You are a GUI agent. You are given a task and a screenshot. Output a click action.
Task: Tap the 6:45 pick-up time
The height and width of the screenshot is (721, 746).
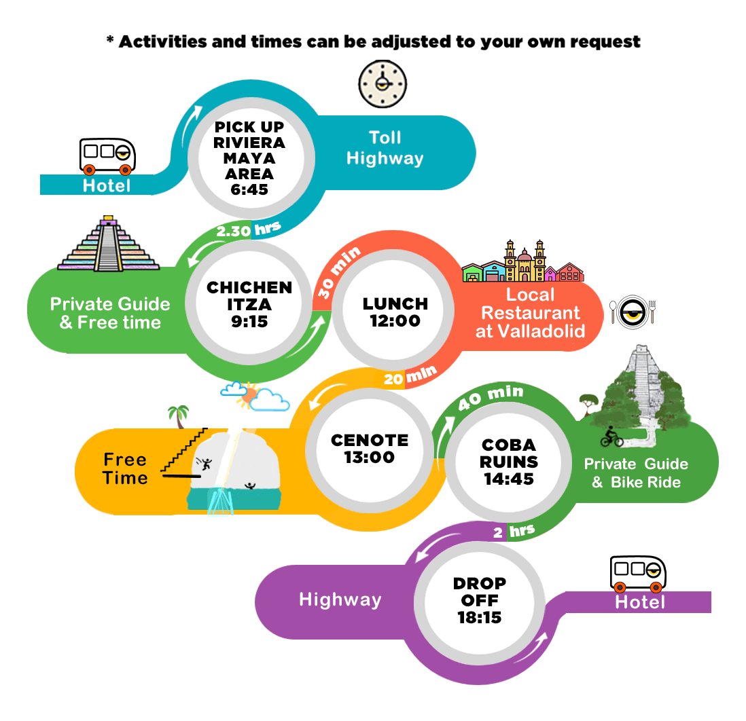click(249, 189)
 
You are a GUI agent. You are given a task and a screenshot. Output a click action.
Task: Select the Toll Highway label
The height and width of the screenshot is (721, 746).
click(385, 148)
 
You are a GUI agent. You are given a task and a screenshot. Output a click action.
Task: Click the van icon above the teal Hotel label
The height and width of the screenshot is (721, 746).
click(107, 156)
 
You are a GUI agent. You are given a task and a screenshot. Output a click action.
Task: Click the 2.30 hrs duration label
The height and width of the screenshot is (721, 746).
click(248, 230)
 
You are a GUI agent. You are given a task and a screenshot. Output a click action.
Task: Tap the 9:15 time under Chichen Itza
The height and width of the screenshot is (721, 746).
click(249, 321)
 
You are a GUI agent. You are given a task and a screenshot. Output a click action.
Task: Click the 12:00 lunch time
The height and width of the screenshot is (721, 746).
click(395, 320)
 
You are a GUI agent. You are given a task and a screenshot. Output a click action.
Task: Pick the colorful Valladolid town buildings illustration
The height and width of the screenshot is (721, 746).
click(523, 263)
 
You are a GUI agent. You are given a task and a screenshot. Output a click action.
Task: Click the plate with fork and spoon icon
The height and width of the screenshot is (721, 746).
click(633, 311)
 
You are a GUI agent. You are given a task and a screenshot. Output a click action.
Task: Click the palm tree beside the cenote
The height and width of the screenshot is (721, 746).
click(179, 415)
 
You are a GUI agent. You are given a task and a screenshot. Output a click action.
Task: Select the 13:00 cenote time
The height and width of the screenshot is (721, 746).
click(370, 457)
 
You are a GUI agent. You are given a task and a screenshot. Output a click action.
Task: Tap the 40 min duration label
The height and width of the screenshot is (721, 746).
click(491, 396)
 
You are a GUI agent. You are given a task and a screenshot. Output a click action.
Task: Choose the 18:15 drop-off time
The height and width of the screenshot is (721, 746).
click(480, 618)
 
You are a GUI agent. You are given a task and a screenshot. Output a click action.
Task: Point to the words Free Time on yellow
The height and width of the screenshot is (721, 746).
click(126, 468)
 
